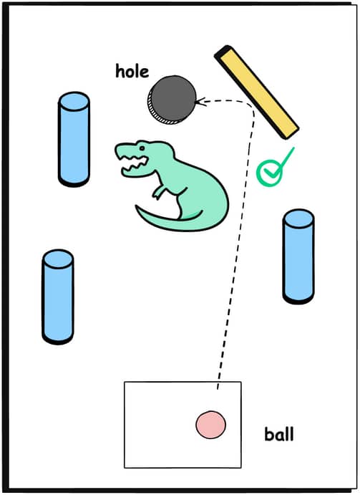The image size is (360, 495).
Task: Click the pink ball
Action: coord(210,425)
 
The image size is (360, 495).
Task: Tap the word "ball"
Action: coord(279,434)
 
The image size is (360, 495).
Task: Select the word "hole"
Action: coord(132,71)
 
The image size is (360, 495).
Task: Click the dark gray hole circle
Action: coord(172,100)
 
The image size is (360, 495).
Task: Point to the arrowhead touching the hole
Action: coord(200,102)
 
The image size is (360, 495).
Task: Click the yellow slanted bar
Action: coord(256,92)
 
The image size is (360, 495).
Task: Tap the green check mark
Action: coord(274,167)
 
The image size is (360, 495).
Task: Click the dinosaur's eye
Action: coord(142,148)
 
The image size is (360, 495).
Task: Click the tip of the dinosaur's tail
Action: coord(137,206)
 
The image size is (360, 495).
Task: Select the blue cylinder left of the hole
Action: coord(74,139)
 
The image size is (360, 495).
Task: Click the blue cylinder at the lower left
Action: coord(58,297)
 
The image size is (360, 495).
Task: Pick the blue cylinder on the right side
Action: coord(298,256)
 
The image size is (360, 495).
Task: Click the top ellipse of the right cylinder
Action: coord(298,218)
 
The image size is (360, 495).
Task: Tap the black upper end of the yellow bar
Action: coord(223,51)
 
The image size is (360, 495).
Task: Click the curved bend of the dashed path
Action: coord(250,106)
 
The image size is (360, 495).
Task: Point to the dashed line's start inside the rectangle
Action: coord(218,388)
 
